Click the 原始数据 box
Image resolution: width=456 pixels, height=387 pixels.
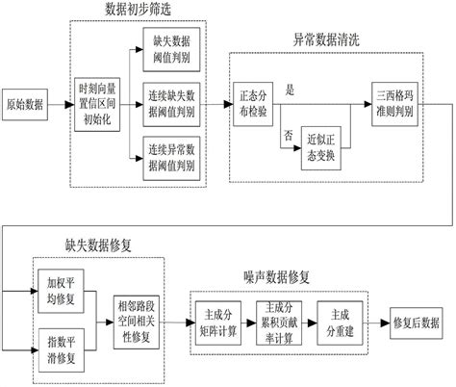point(27,104)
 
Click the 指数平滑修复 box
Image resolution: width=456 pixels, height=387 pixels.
point(61,344)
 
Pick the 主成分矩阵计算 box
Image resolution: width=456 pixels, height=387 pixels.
point(217,320)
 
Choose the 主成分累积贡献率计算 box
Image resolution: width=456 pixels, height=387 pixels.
point(279,320)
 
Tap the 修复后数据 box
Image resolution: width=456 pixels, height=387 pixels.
point(415,321)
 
